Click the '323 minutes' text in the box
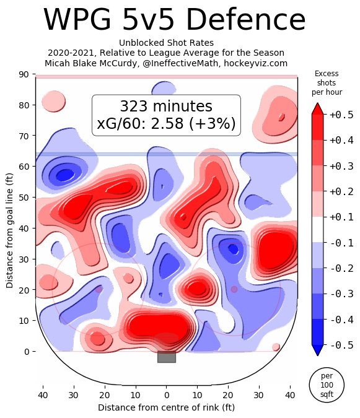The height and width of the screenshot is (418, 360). tap(165, 107)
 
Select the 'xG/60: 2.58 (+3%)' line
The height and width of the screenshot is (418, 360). tap(166, 124)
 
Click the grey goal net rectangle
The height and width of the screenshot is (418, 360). tap(167, 357)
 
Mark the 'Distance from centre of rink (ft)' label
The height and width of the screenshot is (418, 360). tap(166, 407)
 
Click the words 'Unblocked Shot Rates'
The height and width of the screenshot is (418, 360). tap(166, 42)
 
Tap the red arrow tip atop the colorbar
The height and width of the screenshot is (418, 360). tap(318, 108)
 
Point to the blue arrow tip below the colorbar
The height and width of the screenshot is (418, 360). tap(318, 351)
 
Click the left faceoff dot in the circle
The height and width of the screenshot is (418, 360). tap(99, 289)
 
